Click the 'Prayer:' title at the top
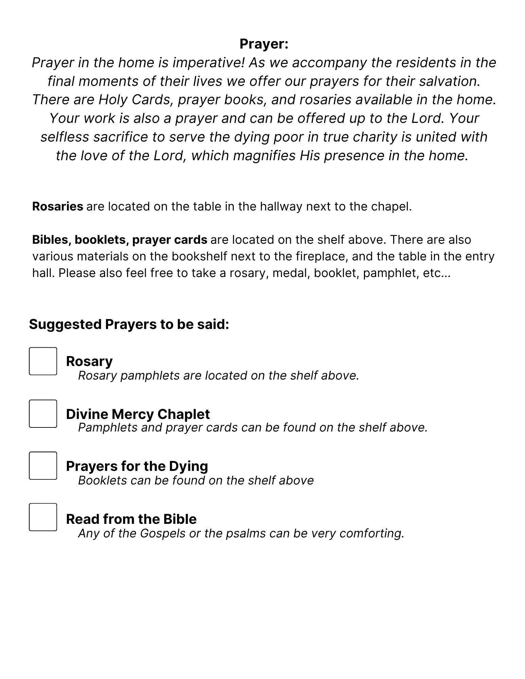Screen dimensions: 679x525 [264, 44]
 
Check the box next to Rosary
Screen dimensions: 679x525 [43, 361]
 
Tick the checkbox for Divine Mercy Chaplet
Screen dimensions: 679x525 [43, 414]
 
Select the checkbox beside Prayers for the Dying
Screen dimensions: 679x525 [43, 465]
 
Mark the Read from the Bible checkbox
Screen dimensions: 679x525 [43, 517]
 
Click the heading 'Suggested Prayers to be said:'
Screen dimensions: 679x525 [129, 324]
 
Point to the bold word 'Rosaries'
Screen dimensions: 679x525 [57, 206]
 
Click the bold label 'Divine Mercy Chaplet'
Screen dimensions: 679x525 [138, 414]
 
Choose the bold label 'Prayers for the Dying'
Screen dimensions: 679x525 [137, 466]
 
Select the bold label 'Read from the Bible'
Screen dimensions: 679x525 [131, 519]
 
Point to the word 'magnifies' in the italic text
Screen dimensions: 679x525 [265, 155]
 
